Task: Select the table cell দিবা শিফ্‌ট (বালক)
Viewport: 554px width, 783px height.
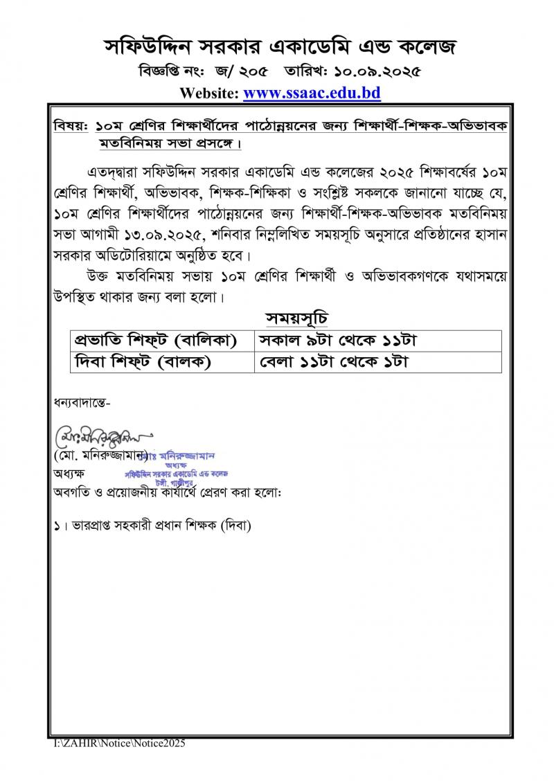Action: click(x=142, y=362)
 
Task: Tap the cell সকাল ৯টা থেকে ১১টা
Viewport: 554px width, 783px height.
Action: click(x=337, y=341)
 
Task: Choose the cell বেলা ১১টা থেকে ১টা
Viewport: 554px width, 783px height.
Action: click(x=332, y=362)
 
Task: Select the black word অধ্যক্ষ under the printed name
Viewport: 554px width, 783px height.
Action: click(x=69, y=475)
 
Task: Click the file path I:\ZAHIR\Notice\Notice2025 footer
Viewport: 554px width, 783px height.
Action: click(x=120, y=743)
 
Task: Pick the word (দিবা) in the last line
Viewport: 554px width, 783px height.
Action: click(x=235, y=525)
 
